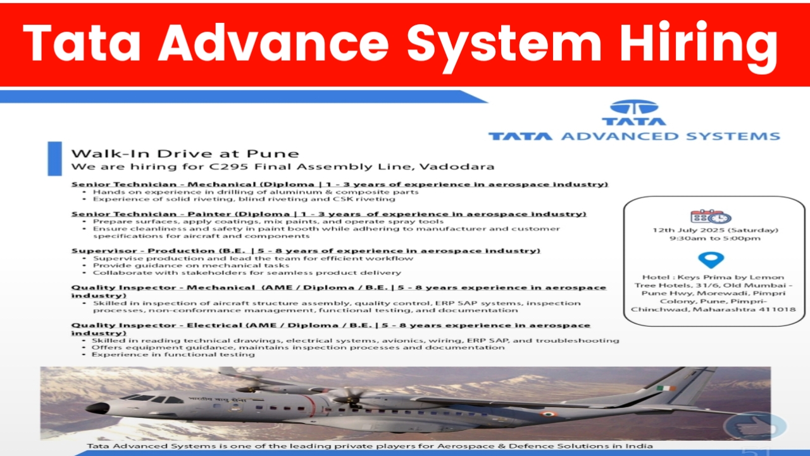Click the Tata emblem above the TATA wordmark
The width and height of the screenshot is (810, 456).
pos(634,107)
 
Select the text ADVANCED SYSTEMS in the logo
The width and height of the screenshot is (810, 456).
pos(670,136)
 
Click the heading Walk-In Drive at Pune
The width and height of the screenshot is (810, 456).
pos(185,153)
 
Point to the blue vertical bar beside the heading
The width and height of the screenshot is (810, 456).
pos(54,158)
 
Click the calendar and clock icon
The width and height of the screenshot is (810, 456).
pos(711,217)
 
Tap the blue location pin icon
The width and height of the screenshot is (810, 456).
pos(711,260)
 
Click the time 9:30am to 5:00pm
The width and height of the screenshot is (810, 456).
pos(715,239)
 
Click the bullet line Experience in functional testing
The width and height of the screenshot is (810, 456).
pos(173,355)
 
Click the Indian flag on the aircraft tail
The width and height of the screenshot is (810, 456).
pos(666,388)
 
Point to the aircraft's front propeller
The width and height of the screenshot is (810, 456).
pos(348,396)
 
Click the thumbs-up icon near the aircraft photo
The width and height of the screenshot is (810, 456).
pos(756,426)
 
